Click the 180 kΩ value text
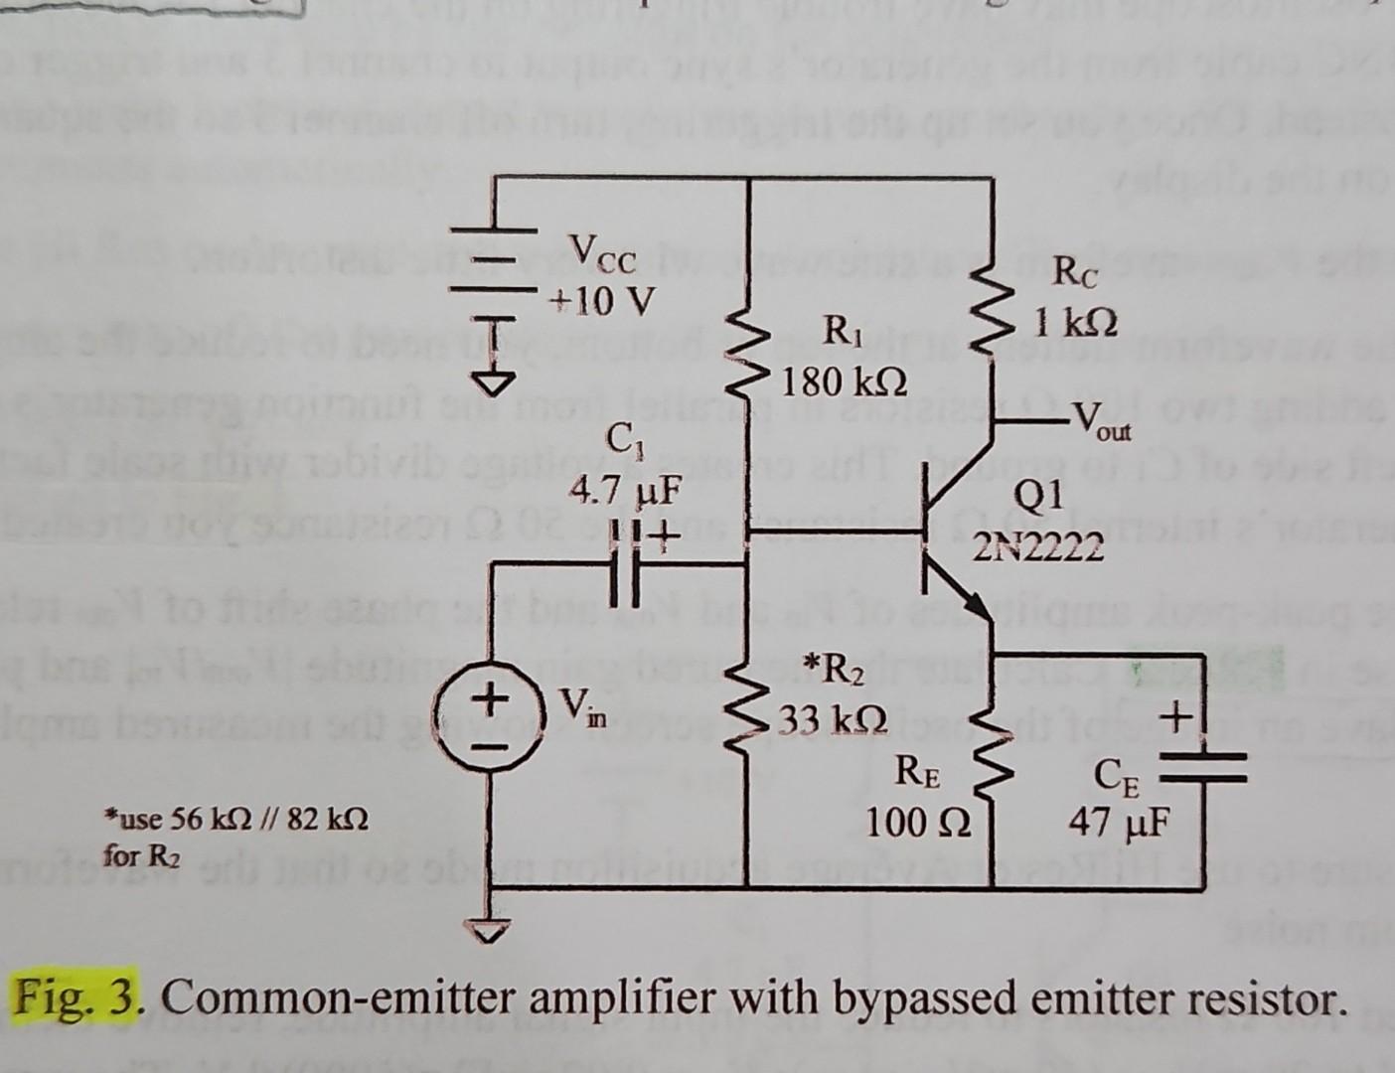point(844,380)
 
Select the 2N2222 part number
point(1039,545)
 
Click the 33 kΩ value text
point(832,715)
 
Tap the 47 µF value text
point(1119,824)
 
